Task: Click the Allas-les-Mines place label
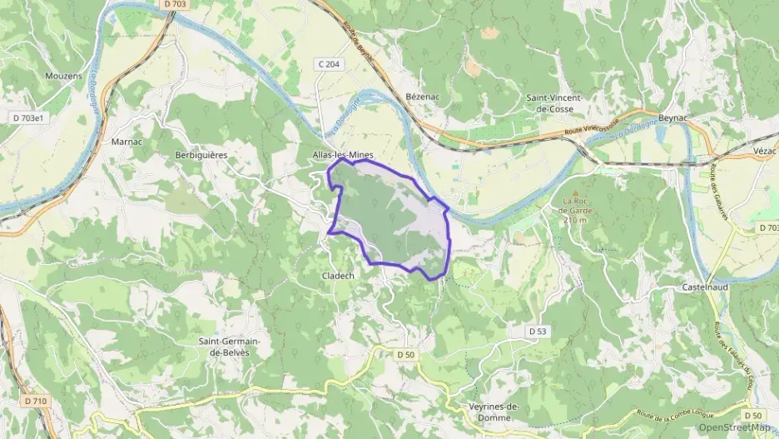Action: click(343, 155)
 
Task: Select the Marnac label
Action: click(127, 142)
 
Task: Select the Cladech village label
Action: click(338, 275)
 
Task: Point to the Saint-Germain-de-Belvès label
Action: click(230, 347)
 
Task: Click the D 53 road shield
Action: click(537, 332)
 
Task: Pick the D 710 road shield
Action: click(36, 401)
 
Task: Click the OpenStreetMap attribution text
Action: click(735, 427)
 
